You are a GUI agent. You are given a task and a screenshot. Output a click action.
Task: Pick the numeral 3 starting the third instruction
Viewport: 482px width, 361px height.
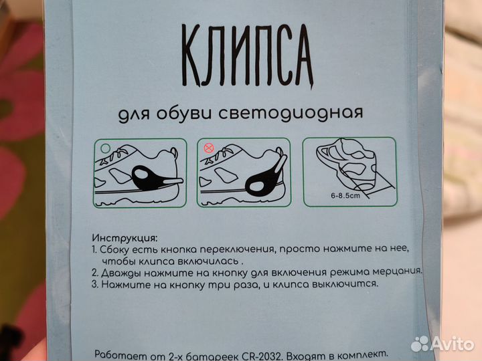tap(94, 283)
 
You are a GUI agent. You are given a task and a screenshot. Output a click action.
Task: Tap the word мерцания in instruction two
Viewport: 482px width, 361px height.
tap(397, 271)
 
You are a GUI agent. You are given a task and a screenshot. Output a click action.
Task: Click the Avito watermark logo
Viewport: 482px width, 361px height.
tap(443, 344)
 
